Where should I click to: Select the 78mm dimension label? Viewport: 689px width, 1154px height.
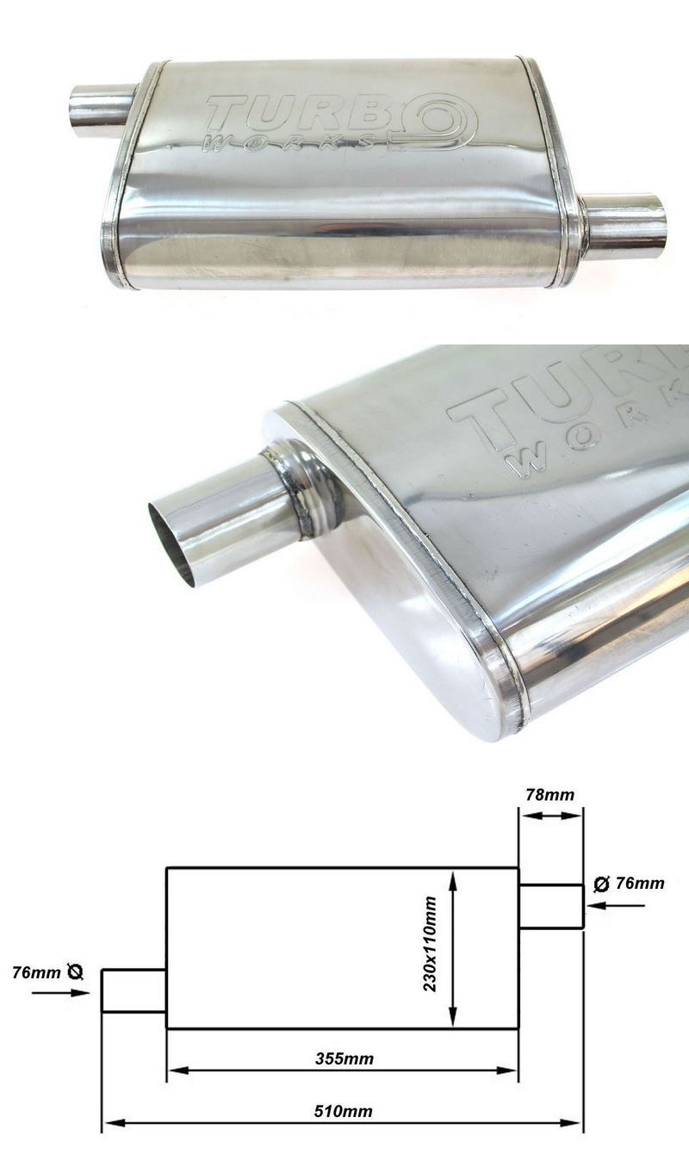click(x=549, y=795)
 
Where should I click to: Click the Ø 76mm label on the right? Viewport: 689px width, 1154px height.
click(x=629, y=884)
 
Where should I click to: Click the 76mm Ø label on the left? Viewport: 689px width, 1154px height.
click(x=47, y=972)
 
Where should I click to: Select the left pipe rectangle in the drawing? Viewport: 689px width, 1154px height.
click(x=134, y=990)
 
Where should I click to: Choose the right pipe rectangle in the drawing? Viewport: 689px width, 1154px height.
click(x=551, y=907)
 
